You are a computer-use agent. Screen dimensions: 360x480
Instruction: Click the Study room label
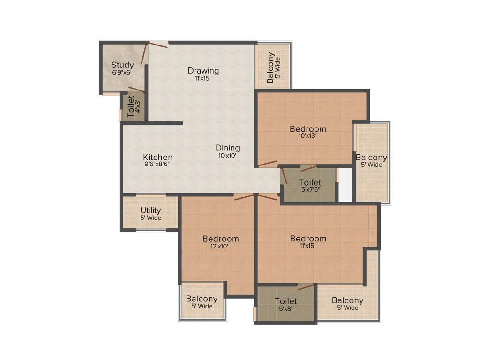122,65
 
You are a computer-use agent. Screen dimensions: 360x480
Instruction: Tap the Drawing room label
203,71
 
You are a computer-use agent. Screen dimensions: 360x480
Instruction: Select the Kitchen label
157,157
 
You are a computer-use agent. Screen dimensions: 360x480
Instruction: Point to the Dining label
228,148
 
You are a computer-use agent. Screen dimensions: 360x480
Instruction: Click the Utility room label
150,210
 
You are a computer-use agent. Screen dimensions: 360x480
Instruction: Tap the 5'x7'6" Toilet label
310,182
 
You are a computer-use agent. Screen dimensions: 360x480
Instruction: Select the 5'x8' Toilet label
286,301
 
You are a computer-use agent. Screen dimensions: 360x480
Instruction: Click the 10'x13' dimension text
307,136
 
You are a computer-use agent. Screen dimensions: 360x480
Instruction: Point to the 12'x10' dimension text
220,246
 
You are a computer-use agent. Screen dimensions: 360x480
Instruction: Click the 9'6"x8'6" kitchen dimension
157,165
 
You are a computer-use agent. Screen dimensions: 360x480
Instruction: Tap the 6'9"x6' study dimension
122,73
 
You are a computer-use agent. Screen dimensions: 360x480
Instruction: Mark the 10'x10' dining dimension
228,155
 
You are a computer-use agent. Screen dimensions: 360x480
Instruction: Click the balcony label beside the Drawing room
270,68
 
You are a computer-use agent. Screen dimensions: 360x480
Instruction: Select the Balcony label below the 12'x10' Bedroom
202,299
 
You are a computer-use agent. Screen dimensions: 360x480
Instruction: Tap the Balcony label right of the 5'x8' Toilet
347,300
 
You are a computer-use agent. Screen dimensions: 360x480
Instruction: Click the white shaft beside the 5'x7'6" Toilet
345,185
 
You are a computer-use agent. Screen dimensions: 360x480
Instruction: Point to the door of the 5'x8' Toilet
306,286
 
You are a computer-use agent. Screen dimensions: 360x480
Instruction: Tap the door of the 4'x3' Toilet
136,89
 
